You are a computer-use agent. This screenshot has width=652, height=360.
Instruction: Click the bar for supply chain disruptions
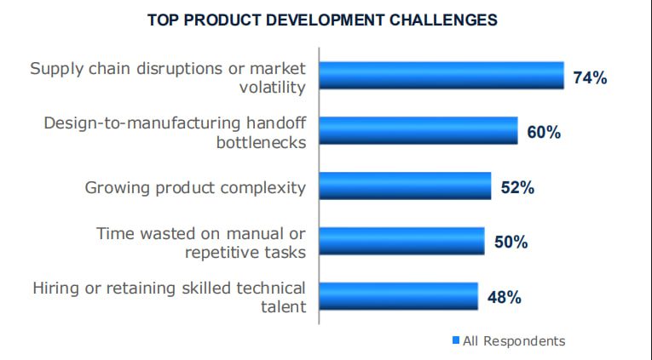441,75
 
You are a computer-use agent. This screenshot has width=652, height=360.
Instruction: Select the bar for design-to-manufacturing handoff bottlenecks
418,130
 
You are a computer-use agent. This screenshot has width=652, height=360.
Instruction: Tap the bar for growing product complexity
405,186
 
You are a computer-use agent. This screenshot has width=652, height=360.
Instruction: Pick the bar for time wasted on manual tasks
401,241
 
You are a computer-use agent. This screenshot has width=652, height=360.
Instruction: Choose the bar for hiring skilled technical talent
398,295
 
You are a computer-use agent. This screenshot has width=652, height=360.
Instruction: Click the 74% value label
590,77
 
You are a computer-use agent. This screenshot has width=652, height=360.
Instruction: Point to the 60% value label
543,133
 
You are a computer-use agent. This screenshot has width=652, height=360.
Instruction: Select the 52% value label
516,187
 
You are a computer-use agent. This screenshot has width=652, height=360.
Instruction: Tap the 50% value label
511,243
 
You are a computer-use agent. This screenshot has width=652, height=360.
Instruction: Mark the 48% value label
504,297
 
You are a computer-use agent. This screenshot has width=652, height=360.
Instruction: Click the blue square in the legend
455,341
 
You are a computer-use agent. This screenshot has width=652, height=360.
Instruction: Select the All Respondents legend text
513,340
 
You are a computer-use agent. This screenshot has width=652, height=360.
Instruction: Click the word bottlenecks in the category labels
261,141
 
